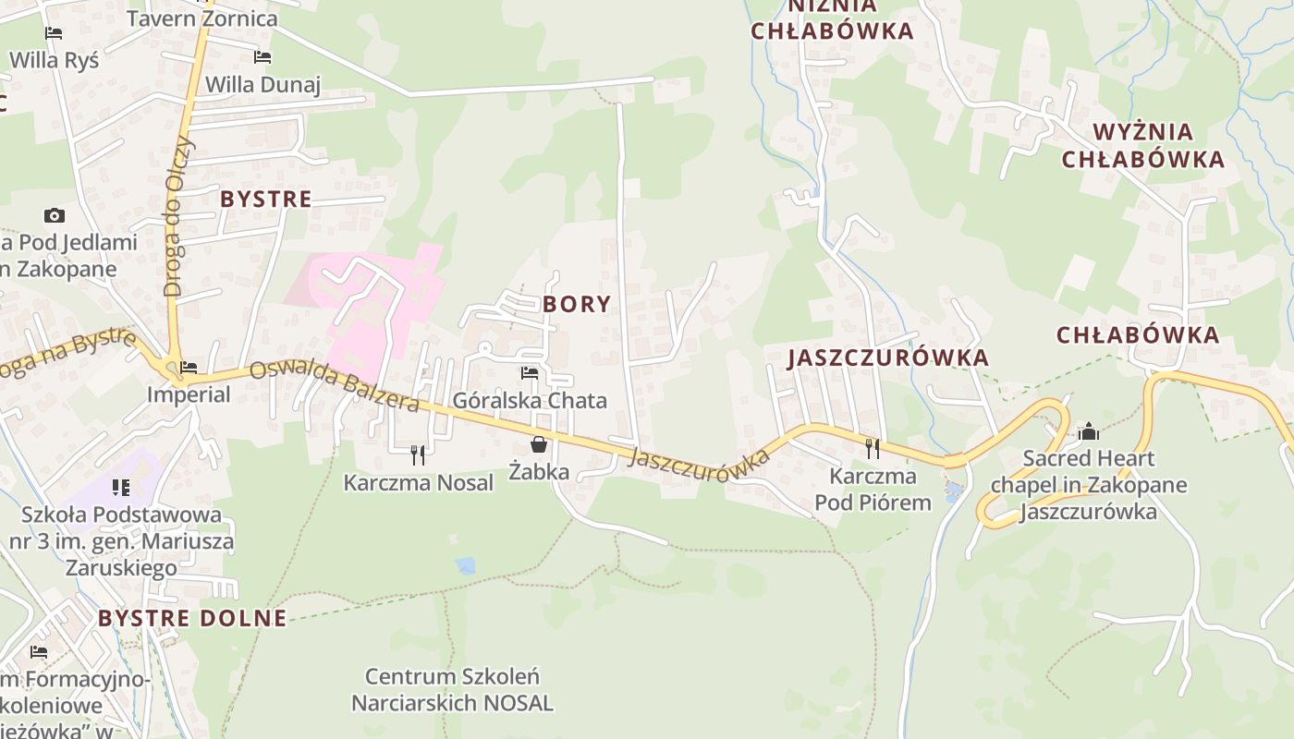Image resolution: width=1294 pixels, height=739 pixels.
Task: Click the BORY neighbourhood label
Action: [577, 304]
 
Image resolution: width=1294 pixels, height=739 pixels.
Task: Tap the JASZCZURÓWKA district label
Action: [887, 358]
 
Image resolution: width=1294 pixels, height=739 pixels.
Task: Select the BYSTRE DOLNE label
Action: [192, 618]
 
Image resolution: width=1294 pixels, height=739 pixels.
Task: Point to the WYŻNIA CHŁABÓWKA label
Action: [1142, 145]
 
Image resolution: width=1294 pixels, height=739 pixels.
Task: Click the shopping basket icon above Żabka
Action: [539, 444]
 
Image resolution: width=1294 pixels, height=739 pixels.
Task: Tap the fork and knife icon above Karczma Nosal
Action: [418, 454]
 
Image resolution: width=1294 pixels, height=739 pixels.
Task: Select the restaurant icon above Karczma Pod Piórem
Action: [873, 448]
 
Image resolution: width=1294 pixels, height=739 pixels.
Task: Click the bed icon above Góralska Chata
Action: [530, 373]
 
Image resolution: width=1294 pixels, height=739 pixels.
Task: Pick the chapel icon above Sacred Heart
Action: [1088, 431]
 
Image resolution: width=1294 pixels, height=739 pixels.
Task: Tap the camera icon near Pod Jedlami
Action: [55, 216]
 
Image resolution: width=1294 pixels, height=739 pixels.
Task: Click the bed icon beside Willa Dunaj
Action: [262, 57]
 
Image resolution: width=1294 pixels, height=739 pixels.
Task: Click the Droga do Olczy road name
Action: [177, 216]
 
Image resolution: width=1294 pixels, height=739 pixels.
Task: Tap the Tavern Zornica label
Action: [201, 18]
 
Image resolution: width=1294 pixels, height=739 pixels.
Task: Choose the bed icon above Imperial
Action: [189, 368]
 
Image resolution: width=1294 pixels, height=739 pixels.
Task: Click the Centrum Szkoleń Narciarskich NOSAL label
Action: [452, 689]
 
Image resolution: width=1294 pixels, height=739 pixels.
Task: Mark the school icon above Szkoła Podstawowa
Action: [121, 487]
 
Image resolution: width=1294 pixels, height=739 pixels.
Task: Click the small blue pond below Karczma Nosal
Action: [466, 565]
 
